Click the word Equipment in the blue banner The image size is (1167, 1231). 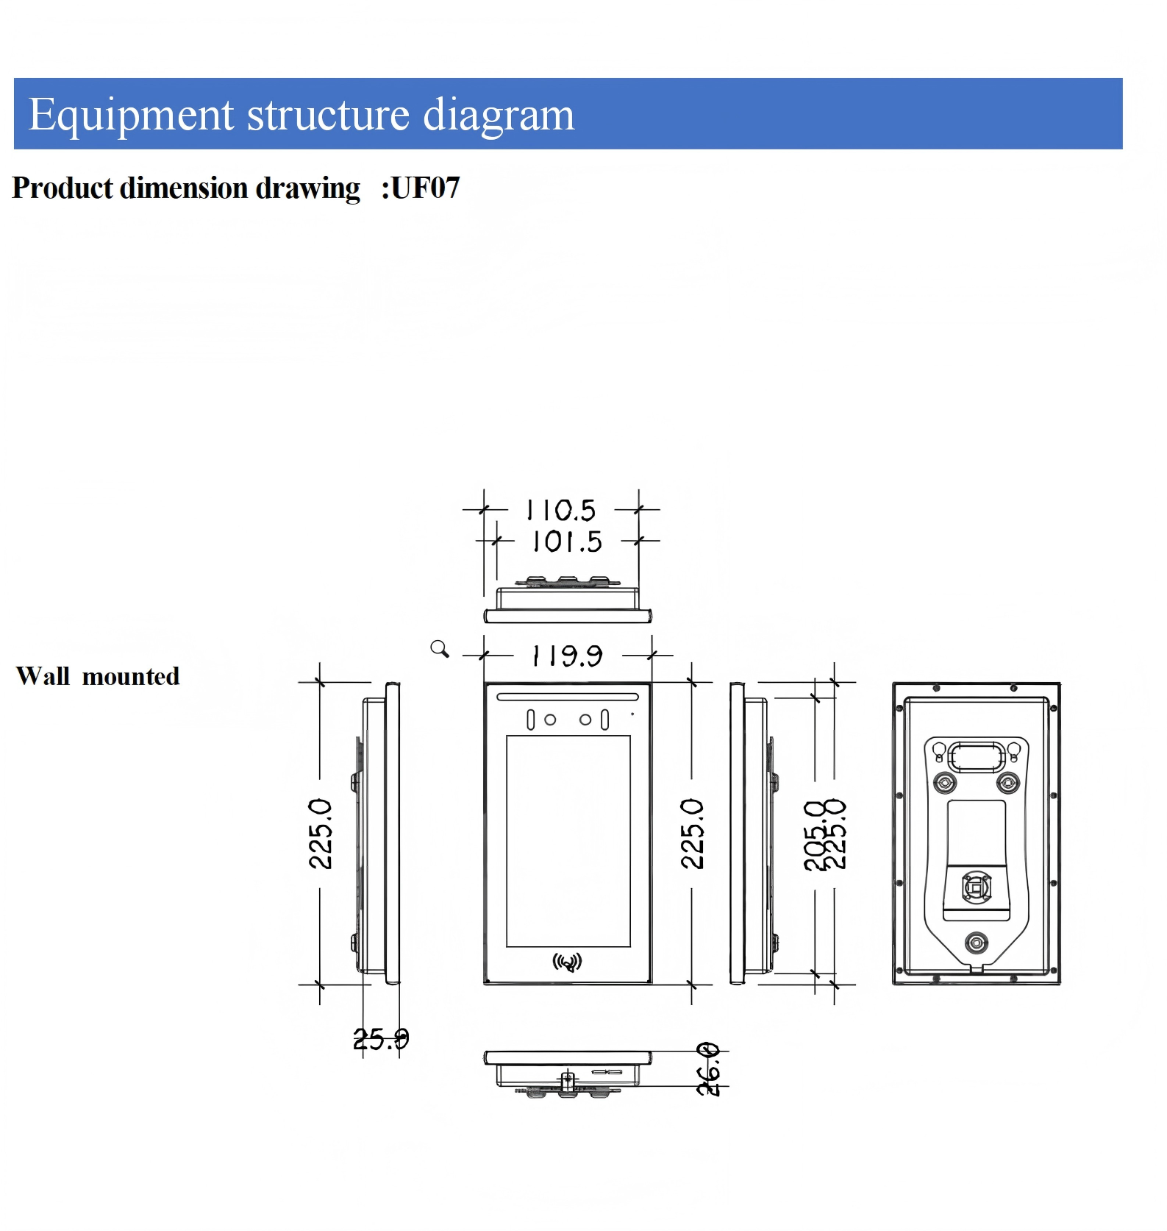pos(131,116)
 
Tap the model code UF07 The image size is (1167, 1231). pos(425,188)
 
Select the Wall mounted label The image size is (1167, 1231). pos(98,676)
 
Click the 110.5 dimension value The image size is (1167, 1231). pos(561,509)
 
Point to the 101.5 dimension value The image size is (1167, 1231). pos(567,542)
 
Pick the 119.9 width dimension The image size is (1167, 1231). pos(567,655)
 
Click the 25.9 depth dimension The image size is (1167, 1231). pos(381,1039)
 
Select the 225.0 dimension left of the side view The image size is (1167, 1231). pos(321,834)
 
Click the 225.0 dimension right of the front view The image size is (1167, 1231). pos(693,834)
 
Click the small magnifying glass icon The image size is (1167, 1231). pos(439,648)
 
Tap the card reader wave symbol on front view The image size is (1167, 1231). pos(567,962)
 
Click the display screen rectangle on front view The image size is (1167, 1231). pos(568,840)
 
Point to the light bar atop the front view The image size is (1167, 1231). pos(568,696)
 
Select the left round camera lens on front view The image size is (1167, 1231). pos(550,720)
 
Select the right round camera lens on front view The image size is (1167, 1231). pos(585,720)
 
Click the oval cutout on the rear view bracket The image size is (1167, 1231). pos(976,756)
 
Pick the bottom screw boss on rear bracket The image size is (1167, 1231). pos(976,943)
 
